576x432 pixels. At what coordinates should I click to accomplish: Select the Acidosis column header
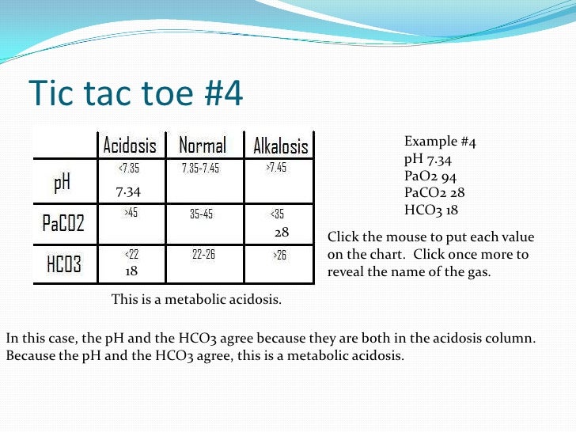tap(130, 146)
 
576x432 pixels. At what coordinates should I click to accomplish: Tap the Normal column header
tap(202, 146)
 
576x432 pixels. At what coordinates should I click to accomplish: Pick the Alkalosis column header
tap(280, 147)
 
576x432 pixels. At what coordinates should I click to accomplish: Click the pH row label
tap(62, 183)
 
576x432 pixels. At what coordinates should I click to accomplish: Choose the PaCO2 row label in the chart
tap(64, 224)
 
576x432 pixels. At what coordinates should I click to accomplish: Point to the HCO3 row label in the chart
tap(63, 264)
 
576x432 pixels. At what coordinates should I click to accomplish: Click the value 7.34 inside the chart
tap(128, 191)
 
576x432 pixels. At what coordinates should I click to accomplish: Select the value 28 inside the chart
tap(282, 233)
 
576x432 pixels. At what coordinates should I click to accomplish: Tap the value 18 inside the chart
tap(132, 271)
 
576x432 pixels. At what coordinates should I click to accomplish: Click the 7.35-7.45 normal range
tap(200, 169)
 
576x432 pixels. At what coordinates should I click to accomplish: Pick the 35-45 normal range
tap(201, 214)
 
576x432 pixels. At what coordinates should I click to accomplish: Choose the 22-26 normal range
tap(203, 254)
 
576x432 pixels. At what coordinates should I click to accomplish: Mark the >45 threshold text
tap(131, 212)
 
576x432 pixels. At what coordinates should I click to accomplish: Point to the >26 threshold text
tap(280, 255)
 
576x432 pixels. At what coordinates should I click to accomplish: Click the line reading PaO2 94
tap(430, 176)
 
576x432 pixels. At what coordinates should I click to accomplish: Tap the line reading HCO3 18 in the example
tap(431, 210)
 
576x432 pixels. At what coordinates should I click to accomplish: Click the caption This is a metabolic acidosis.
tap(196, 300)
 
